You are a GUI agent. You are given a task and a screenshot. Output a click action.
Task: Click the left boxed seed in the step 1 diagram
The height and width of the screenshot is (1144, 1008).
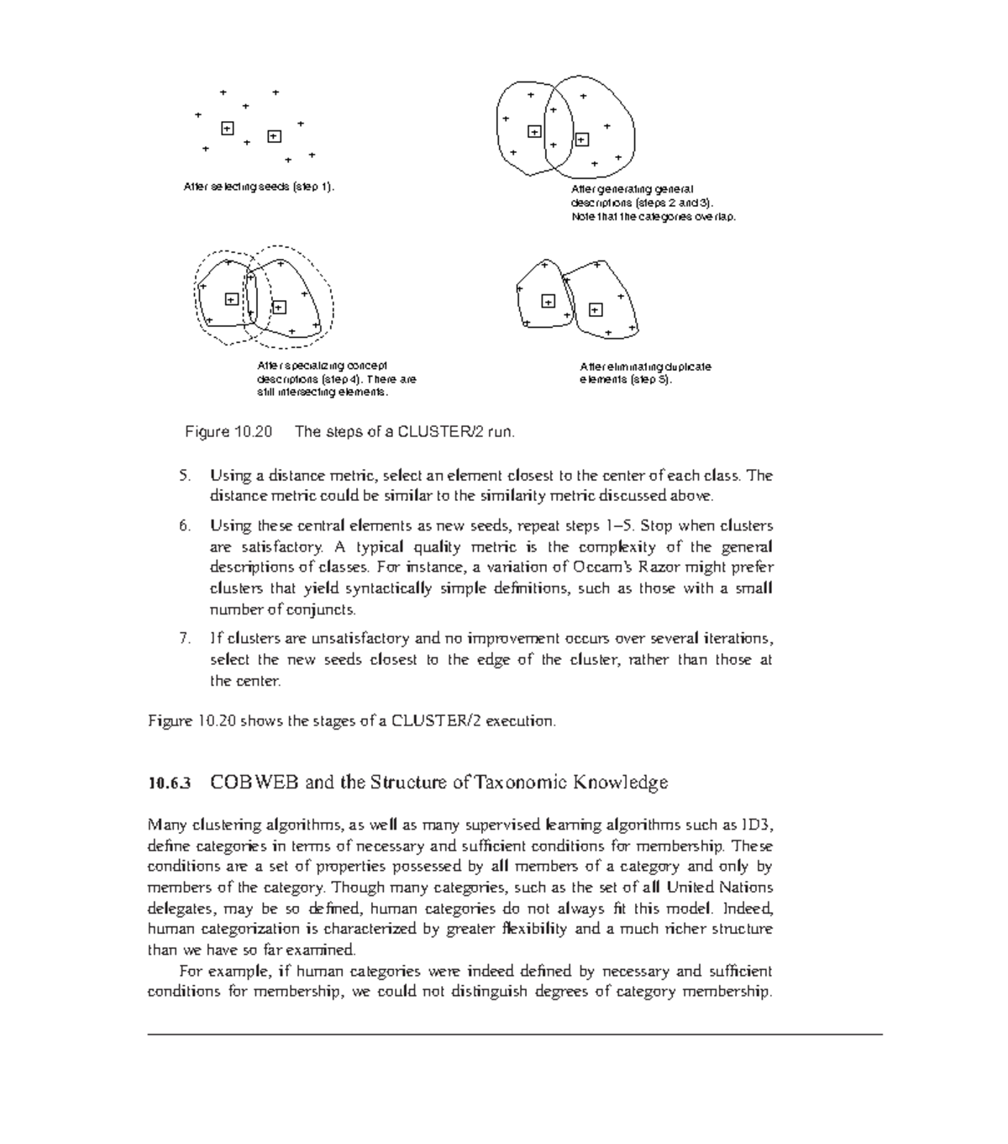coord(227,128)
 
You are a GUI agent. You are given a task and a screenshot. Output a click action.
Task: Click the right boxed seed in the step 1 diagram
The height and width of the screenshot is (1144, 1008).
coord(274,136)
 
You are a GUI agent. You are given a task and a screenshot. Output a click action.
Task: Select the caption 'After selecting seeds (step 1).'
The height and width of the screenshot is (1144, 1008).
coord(259,187)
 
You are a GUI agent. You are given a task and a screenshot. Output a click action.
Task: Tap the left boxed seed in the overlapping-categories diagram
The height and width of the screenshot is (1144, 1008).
coord(534,131)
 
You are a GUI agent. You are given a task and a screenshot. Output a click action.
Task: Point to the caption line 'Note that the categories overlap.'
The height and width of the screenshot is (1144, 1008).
coord(654,217)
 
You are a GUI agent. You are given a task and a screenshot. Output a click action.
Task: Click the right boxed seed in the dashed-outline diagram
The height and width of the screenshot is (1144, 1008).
coord(279,308)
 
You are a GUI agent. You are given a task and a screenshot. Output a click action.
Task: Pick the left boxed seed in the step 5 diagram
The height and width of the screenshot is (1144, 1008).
coord(548,301)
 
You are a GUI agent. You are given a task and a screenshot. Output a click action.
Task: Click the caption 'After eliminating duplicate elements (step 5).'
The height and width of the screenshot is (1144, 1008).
coord(645,373)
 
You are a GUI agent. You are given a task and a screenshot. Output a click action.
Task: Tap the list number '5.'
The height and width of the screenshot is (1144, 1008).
coord(185,476)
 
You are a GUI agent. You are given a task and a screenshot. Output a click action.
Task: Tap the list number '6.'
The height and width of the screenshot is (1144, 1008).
coord(185,526)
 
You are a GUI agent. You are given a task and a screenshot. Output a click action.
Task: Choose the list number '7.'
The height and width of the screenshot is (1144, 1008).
coord(185,639)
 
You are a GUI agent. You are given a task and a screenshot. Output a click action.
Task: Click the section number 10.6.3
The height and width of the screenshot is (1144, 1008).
coord(170,783)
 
